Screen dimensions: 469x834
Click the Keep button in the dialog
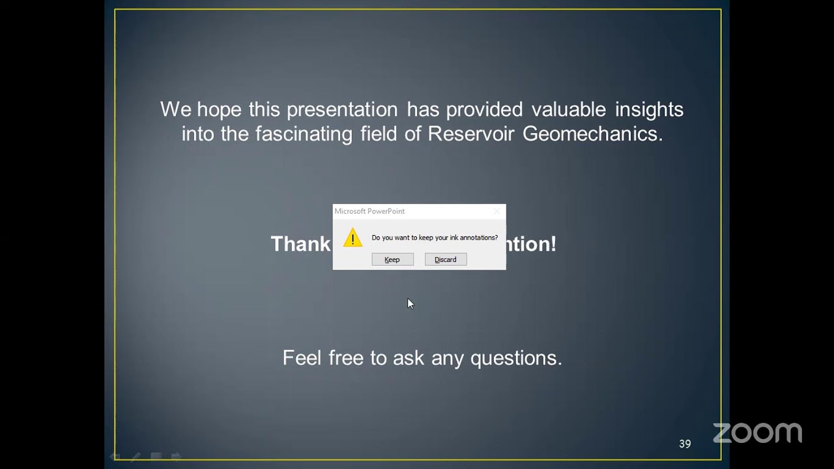tap(392, 259)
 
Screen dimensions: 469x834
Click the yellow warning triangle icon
tap(352, 238)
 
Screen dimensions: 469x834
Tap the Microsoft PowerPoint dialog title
tap(369, 211)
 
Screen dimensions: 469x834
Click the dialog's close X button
tap(496, 211)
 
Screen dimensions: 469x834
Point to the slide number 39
tap(685, 444)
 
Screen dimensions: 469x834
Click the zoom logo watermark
tap(757, 433)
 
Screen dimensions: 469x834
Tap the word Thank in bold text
tap(300, 244)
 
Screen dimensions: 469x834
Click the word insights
tap(649, 109)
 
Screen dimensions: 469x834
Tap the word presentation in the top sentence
tap(342, 109)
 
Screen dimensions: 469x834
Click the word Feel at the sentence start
tap(302, 358)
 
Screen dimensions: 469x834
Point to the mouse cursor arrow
tap(410, 304)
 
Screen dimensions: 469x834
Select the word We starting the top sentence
tap(175, 109)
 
